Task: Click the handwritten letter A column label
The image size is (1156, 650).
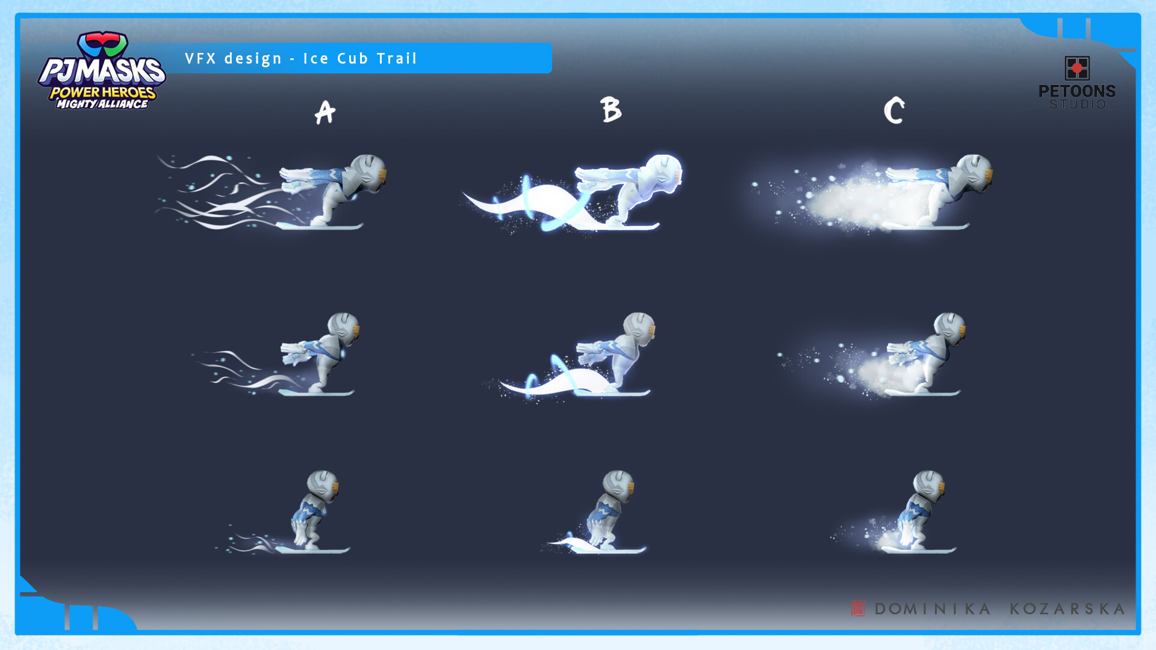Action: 325,113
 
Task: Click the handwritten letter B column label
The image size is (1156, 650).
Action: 611,110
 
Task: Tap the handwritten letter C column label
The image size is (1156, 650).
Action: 894,111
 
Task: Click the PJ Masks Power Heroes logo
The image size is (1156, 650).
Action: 102,70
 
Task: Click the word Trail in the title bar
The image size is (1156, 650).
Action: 397,58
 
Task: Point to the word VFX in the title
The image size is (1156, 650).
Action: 200,58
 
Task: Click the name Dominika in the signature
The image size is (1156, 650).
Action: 933,609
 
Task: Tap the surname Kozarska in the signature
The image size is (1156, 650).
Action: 1067,609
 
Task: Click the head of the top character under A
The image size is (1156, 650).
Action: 368,173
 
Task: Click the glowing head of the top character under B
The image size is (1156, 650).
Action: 664,173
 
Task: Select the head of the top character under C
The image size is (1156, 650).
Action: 974,173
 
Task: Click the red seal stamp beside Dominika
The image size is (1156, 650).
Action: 857,608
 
